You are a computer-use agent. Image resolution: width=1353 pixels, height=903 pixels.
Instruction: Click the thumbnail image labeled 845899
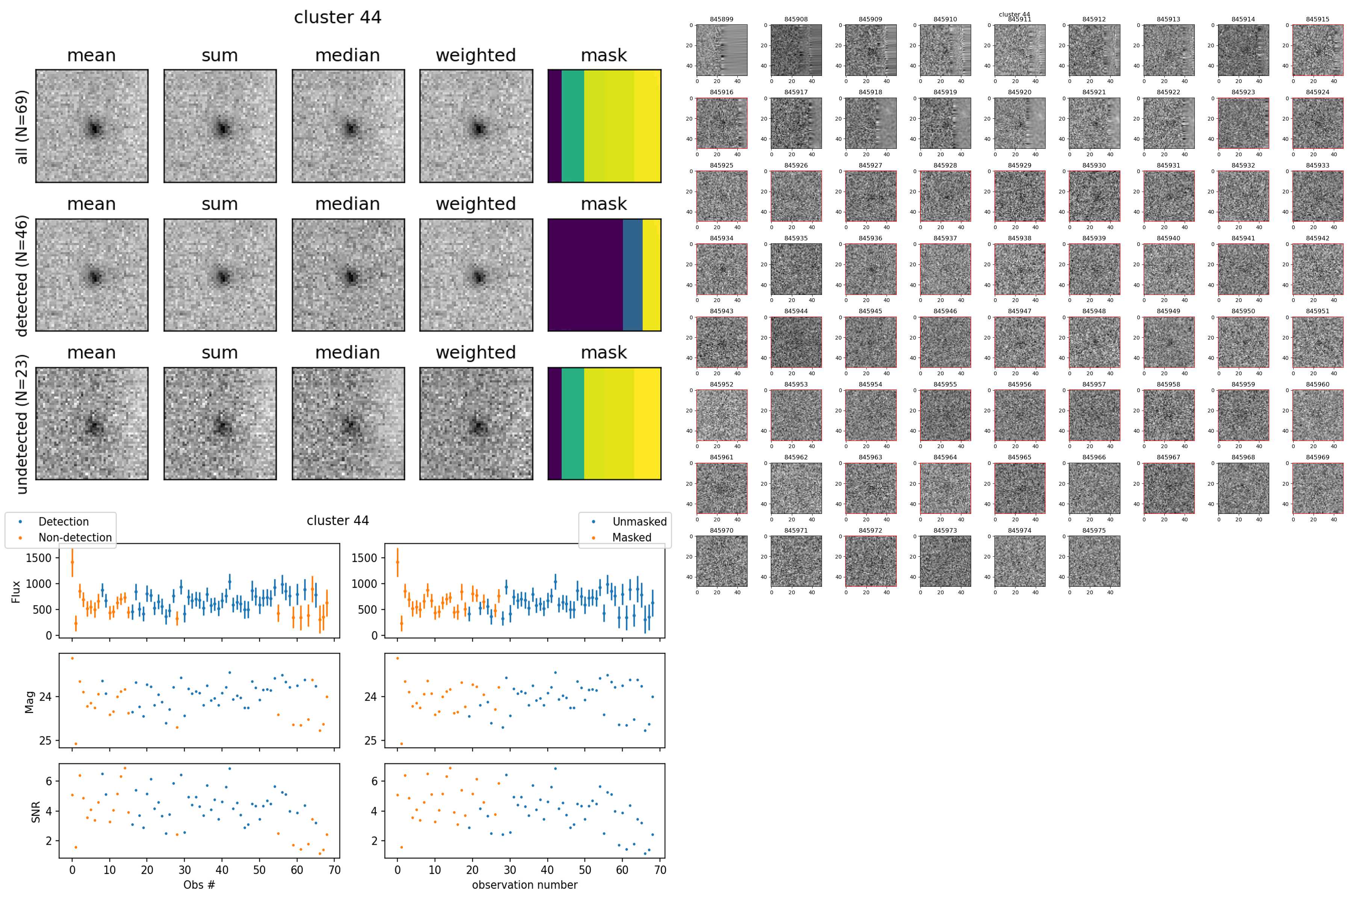click(722, 50)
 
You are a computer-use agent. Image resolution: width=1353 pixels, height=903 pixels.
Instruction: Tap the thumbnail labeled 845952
click(722, 415)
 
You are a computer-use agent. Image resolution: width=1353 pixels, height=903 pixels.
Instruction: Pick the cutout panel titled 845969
click(1317, 488)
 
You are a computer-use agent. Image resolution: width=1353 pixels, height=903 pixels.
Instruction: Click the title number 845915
click(1317, 19)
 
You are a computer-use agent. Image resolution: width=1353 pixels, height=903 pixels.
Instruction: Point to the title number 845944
click(796, 311)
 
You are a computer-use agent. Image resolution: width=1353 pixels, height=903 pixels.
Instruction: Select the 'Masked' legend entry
click(631, 537)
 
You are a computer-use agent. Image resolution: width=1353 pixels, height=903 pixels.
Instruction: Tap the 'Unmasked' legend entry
click(639, 522)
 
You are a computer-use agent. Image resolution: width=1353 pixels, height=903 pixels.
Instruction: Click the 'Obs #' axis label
click(199, 885)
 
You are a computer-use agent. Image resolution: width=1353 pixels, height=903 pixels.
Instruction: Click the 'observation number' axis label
click(524, 885)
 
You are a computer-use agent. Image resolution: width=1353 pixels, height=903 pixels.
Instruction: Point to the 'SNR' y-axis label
click(36, 811)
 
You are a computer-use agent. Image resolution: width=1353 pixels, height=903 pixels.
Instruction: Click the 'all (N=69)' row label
click(22, 127)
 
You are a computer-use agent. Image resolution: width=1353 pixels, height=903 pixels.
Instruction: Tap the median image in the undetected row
click(348, 423)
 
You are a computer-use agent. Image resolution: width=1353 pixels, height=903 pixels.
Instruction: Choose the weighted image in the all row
click(476, 126)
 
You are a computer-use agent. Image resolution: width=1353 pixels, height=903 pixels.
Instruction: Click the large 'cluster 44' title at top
click(337, 17)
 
